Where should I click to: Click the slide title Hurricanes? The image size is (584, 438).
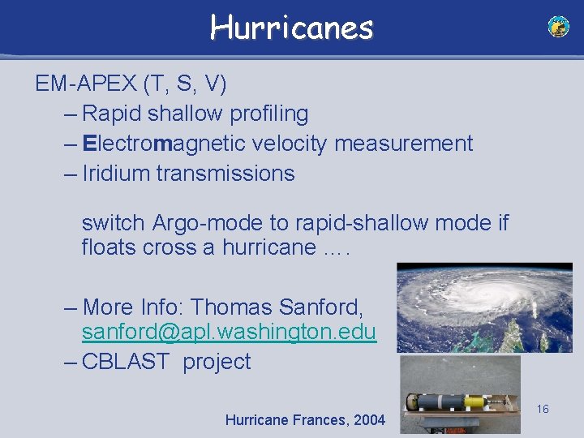point(291,28)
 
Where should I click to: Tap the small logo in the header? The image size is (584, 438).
point(559,27)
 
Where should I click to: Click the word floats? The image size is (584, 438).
point(109,247)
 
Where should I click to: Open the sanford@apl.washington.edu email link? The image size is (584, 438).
point(229,332)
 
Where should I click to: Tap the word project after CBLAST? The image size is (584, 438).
point(217,361)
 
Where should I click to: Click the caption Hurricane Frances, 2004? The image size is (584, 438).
point(305,420)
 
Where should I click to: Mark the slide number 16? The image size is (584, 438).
point(543,409)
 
